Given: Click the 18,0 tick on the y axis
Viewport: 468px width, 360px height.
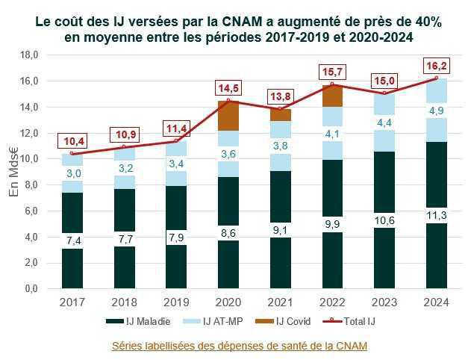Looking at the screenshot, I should [x=28, y=55].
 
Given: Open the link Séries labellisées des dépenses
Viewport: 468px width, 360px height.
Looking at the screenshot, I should [x=239, y=346].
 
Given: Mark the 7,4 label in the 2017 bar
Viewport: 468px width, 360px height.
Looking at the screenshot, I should [x=72, y=240].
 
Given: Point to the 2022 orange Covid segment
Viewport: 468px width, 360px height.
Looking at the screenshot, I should [x=333, y=96].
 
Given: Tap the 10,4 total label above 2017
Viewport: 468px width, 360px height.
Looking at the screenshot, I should [x=72, y=140].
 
